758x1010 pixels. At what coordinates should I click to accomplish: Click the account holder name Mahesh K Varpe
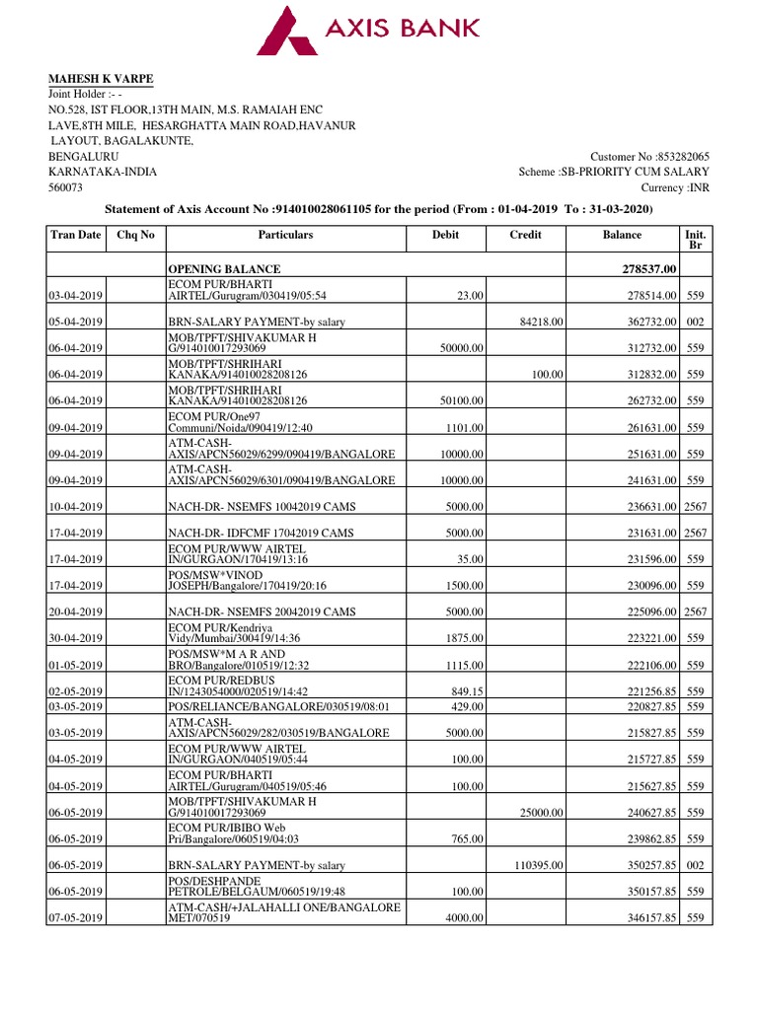tap(102, 80)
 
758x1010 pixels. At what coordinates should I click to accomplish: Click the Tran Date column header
tap(75, 236)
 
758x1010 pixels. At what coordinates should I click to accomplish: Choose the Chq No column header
tap(137, 236)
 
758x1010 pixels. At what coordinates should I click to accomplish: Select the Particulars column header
tap(285, 236)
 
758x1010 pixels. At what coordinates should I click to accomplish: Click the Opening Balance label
tap(224, 269)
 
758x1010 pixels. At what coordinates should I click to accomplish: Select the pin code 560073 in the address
tap(67, 187)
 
